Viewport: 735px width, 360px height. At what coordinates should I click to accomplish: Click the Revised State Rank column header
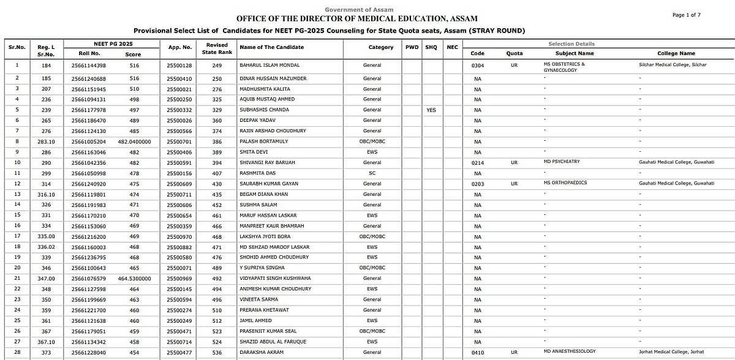click(x=217, y=48)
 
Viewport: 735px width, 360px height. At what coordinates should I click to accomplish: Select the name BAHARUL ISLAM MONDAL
click(x=270, y=66)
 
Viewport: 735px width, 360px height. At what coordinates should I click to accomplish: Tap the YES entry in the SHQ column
click(x=431, y=110)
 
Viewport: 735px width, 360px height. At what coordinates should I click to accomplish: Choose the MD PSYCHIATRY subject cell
click(x=561, y=162)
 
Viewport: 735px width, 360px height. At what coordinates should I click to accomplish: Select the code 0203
click(x=478, y=184)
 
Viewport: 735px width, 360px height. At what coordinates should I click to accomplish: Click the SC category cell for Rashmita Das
click(x=372, y=173)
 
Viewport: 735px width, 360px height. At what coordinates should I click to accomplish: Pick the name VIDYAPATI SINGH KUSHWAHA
click(x=275, y=279)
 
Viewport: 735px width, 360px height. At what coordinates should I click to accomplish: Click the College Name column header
click(x=676, y=54)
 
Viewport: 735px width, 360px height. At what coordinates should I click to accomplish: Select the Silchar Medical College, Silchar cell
click(x=672, y=64)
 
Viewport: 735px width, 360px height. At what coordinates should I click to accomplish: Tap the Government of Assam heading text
click(x=359, y=10)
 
